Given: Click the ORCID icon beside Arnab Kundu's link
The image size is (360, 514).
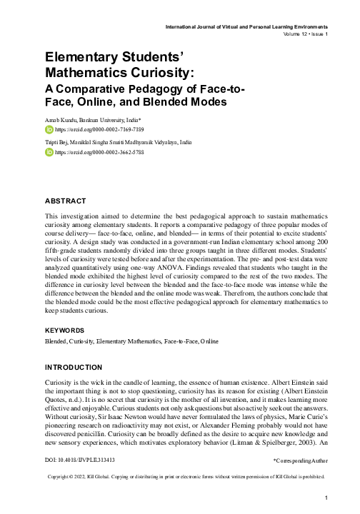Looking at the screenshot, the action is coord(49,131).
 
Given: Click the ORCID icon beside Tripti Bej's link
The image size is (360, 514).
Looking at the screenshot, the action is coord(49,152).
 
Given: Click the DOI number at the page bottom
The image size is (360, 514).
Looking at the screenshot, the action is coord(80,461).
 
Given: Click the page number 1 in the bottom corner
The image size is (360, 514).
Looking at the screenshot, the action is coord(326,498).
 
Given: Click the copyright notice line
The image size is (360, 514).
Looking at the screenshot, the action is coord(185,476).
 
